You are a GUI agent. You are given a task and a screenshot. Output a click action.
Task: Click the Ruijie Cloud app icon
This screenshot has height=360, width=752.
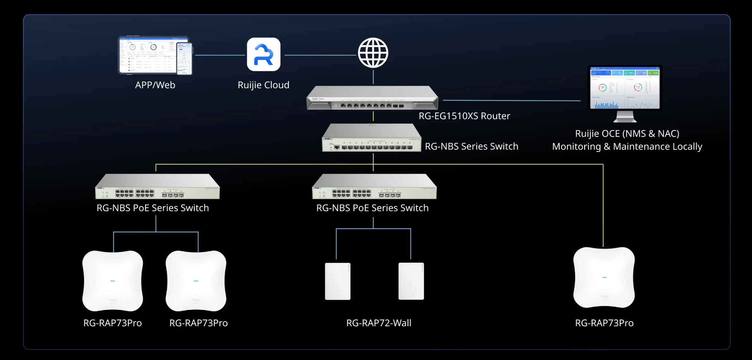[x=263, y=54]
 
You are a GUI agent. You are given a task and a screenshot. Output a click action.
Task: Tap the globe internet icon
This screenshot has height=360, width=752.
[x=373, y=53]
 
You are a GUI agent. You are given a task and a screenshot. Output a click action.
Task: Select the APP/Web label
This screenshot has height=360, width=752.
[x=155, y=85]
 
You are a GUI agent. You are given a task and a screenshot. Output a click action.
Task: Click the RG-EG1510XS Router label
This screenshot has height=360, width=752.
[x=464, y=116]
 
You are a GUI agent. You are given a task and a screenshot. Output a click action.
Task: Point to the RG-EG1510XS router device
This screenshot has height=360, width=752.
[x=372, y=98]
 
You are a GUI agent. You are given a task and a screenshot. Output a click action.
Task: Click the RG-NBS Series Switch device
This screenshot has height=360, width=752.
[x=371, y=138]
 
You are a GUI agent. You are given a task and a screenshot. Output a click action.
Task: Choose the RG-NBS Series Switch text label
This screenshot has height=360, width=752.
[x=471, y=147]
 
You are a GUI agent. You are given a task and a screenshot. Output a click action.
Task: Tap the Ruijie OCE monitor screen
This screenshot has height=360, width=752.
[x=625, y=88]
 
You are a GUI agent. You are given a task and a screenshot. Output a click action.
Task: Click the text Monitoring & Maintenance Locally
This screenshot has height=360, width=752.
[x=627, y=147]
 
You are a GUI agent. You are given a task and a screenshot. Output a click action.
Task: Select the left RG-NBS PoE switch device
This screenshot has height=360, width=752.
[x=157, y=187]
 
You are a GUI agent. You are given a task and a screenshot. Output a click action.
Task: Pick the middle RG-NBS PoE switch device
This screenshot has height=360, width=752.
[x=374, y=187]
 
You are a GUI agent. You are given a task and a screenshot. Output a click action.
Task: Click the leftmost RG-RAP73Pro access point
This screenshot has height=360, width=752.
[x=113, y=281]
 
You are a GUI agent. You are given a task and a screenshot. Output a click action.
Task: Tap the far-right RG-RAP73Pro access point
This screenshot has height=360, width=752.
[x=604, y=277]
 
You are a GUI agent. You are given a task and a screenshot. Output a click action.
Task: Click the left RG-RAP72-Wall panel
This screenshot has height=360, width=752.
[x=338, y=281]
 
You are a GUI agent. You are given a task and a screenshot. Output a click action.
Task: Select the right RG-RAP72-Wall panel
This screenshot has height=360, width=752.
[x=411, y=281]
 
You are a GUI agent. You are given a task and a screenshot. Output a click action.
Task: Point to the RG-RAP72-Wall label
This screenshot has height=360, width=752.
[x=379, y=323]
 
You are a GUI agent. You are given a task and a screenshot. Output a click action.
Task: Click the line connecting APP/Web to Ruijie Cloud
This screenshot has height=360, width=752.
[x=220, y=55]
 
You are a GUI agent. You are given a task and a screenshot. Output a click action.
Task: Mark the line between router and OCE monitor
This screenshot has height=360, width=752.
[x=512, y=100]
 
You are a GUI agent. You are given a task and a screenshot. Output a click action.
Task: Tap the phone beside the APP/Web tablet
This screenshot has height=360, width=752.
[x=185, y=59]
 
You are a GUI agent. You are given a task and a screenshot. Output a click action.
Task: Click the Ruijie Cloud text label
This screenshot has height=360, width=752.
[x=263, y=85]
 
